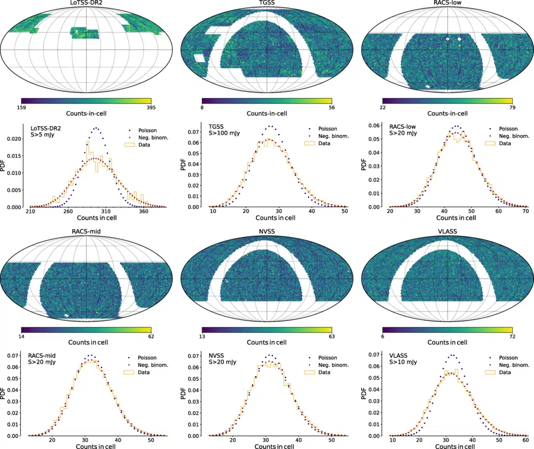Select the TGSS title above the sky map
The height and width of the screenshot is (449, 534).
(x=267, y=4)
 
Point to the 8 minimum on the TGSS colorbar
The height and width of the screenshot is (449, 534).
(x=202, y=108)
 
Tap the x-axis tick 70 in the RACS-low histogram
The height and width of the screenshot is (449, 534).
(x=525, y=212)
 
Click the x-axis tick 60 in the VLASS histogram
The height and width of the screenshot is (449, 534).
(x=525, y=441)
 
